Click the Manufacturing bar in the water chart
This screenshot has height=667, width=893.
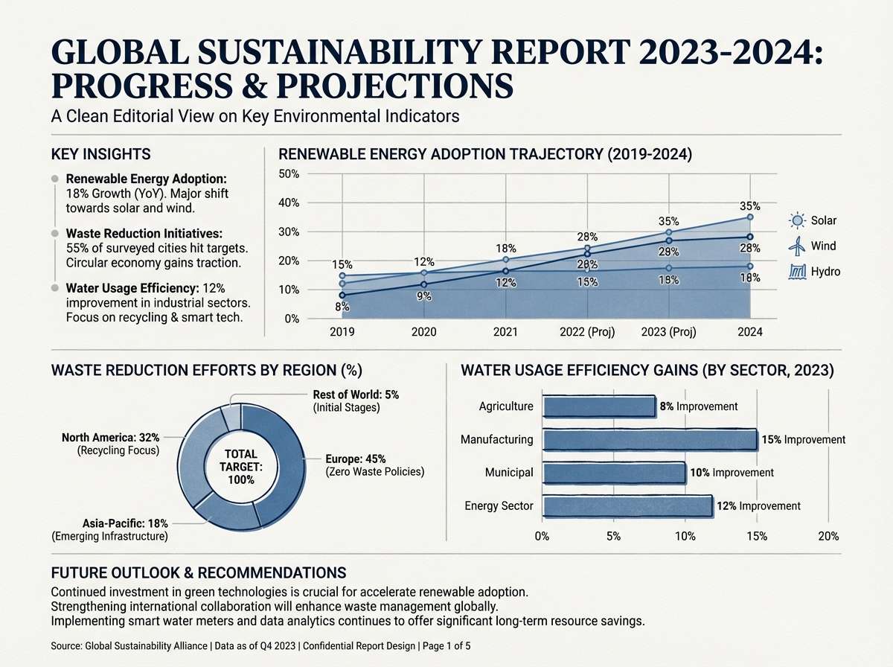pos(649,439)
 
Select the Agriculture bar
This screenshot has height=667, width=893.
pos(599,406)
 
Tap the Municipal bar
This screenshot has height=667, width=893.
pos(614,473)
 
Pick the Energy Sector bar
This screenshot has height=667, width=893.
pos(628,506)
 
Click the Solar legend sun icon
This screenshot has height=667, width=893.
pos(797,220)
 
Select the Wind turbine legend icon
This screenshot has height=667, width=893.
pos(797,246)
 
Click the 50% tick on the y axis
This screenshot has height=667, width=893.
pos(288,174)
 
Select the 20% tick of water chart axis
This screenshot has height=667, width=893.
pos(828,536)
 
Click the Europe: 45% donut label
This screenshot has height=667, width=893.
pos(355,459)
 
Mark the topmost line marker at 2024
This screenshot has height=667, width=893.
pos(750,217)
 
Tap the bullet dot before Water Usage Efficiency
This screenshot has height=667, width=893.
pos(55,288)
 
